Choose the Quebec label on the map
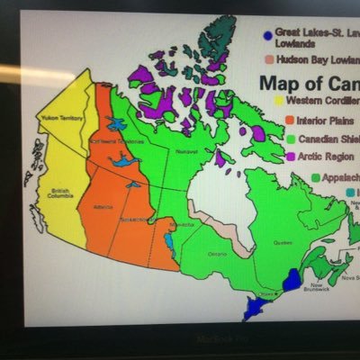[284, 242]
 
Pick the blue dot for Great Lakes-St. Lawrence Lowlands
[267, 36]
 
